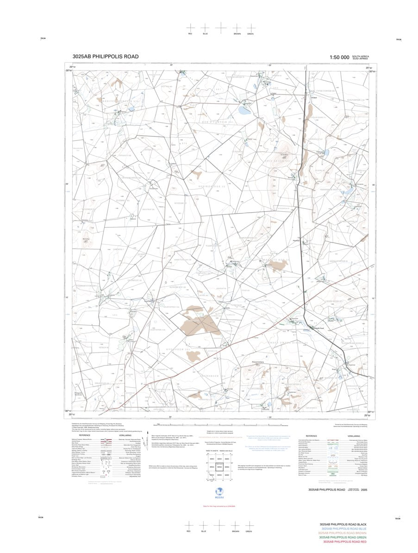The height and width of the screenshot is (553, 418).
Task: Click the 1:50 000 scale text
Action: point(339,57)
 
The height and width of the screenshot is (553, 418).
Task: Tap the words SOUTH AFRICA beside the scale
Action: point(360,56)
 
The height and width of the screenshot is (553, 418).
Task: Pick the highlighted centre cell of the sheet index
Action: point(220,467)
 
